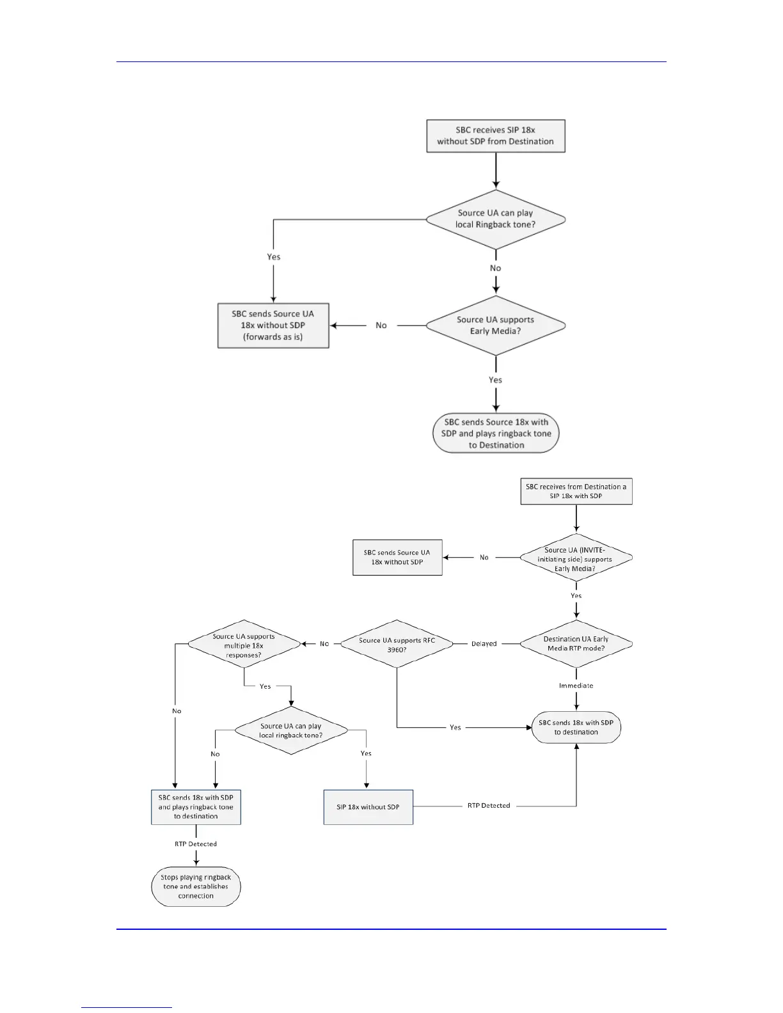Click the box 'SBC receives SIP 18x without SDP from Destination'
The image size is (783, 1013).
click(496, 136)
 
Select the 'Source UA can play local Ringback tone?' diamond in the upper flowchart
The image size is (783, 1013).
click(496, 219)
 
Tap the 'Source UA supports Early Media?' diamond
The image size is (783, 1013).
click(496, 326)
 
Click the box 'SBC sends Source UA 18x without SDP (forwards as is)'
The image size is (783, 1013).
click(273, 326)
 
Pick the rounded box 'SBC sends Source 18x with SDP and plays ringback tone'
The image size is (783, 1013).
click(496, 434)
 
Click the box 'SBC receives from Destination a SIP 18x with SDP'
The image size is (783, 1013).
click(576, 491)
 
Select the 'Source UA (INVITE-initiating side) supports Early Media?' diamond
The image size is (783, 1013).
click(576, 558)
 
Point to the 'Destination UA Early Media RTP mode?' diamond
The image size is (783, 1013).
click(576, 644)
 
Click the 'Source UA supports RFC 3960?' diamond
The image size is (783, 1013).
click(397, 644)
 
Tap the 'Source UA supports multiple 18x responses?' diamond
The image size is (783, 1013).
click(244, 645)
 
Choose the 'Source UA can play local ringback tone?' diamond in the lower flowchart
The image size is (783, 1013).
click(291, 730)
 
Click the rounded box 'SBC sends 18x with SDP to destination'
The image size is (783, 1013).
click(576, 727)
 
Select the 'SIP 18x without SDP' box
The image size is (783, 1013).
click(368, 807)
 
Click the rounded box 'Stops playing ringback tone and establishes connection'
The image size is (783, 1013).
click(196, 886)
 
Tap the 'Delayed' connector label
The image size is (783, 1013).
click(484, 644)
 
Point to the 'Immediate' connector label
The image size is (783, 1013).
click(576, 686)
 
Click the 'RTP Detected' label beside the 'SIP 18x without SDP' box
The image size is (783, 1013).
click(489, 806)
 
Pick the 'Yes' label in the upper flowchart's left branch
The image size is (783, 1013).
click(274, 257)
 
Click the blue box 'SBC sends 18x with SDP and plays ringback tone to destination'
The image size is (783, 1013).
click(196, 807)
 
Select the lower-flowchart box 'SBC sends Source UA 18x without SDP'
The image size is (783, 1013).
click(397, 558)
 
